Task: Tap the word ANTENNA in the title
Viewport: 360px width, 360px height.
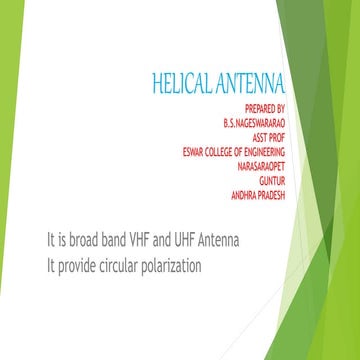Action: click(250, 79)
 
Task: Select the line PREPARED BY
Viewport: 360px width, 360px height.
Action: click(265, 106)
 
